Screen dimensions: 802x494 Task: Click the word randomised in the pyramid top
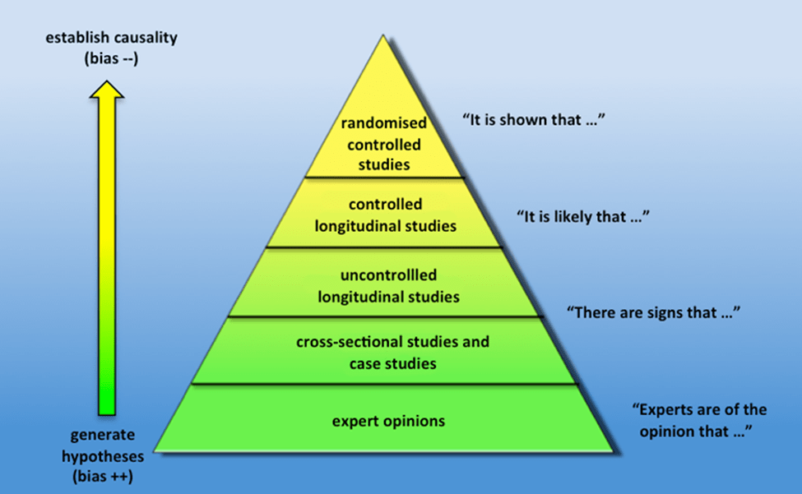(383, 122)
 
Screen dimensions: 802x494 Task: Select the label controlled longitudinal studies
(385, 215)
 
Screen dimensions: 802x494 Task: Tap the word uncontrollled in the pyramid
(389, 275)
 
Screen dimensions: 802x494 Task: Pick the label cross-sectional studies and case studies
(393, 353)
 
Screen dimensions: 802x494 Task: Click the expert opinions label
(389, 422)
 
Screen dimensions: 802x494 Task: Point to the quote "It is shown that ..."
(534, 119)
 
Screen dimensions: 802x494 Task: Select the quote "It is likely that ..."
(583, 217)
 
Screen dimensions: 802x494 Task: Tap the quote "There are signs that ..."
(653, 312)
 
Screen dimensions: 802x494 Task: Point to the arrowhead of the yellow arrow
(107, 81)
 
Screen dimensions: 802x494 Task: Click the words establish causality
(112, 37)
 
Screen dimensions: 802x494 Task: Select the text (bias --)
(112, 58)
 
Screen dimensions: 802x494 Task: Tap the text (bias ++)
(103, 476)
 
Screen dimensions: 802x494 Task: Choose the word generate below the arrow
(103, 435)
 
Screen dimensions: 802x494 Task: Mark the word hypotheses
(103, 455)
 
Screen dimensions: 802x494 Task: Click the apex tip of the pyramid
(383, 35)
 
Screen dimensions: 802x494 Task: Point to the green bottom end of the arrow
(107, 414)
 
